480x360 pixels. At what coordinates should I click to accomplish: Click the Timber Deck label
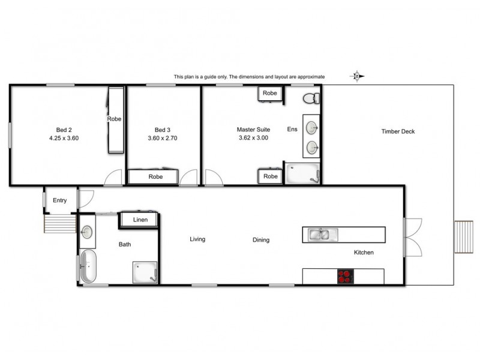(x=398, y=131)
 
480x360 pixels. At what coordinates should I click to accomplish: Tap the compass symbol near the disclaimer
(x=357, y=76)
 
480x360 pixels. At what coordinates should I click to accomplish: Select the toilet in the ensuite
(x=311, y=98)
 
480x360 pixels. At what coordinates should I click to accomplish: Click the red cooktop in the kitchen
(x=346, y=277)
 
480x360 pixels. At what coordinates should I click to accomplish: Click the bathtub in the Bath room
(x=88, y=266)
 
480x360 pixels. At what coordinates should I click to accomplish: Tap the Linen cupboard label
(x=140, y=220)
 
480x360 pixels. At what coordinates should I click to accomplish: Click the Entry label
(x=60, y=200)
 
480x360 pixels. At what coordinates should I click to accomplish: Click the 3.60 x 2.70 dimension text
(x=162, y=138)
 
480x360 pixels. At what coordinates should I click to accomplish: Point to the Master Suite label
(x=253, y=129)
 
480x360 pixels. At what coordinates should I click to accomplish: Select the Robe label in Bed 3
(x=156, y=177)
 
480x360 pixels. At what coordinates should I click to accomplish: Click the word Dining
(x=261, y=240)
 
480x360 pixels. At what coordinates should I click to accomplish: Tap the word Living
(x=197, y=239)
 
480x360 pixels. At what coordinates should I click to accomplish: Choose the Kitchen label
(x=364, y=253)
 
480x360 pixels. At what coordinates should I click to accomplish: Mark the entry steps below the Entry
(x=60, y=224)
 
